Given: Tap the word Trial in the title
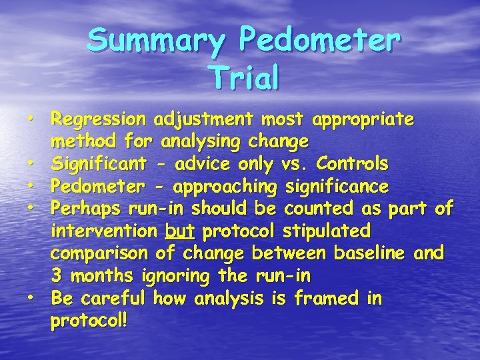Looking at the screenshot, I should coord(243,77).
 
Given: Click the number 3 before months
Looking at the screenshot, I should coord(57,275).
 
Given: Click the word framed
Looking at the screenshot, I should coord(325,298).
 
